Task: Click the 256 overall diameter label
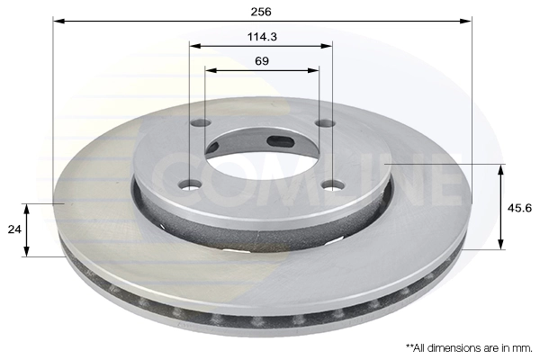[x=262, y=12]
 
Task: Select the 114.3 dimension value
[x=262, y=37]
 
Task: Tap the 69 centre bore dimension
[x=262, y=61]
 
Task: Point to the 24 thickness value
[x=13, y=229]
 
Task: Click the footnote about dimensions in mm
[x=468, y=346]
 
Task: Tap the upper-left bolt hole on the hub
[x=202, y=123]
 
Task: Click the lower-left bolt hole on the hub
[x=190, y=185]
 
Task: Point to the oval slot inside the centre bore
[x=281, y=140]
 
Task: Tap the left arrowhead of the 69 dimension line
[x=210, y=70]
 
